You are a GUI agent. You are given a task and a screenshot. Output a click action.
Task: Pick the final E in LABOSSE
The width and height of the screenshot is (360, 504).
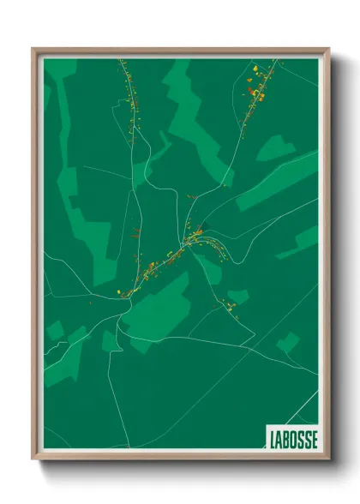point(314,436)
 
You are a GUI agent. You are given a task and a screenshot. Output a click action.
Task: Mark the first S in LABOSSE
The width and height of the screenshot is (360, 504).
point(300,436)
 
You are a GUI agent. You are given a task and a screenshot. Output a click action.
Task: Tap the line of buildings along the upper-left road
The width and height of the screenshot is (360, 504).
point(129,94)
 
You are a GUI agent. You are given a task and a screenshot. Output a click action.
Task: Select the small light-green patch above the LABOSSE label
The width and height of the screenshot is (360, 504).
point(287,343)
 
